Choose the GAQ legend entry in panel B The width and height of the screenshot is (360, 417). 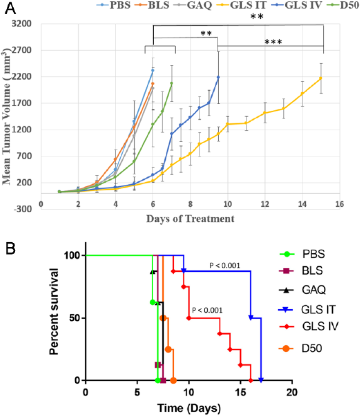point(302,289)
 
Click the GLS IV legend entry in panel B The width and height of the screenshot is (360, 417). point(309,326)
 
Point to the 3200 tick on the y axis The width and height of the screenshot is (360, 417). point(21,23)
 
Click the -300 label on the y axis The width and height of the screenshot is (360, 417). point(22,209)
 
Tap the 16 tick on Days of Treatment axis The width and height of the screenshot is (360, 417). point(339,204)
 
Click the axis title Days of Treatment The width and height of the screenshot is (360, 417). point(191,219)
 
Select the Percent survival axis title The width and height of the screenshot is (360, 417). point(54,311)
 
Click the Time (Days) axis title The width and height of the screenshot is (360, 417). point(189,408)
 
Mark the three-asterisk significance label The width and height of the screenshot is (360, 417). point(274,42)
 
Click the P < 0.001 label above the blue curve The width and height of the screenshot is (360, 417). point(225,265)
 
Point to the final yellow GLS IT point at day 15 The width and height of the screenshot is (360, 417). point(321,78)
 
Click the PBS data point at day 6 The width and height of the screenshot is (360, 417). point(153,70)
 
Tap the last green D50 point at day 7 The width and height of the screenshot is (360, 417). point(172,83)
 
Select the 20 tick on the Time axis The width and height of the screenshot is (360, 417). point(292,392)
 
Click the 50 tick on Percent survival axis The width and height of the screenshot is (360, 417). point(75,318)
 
